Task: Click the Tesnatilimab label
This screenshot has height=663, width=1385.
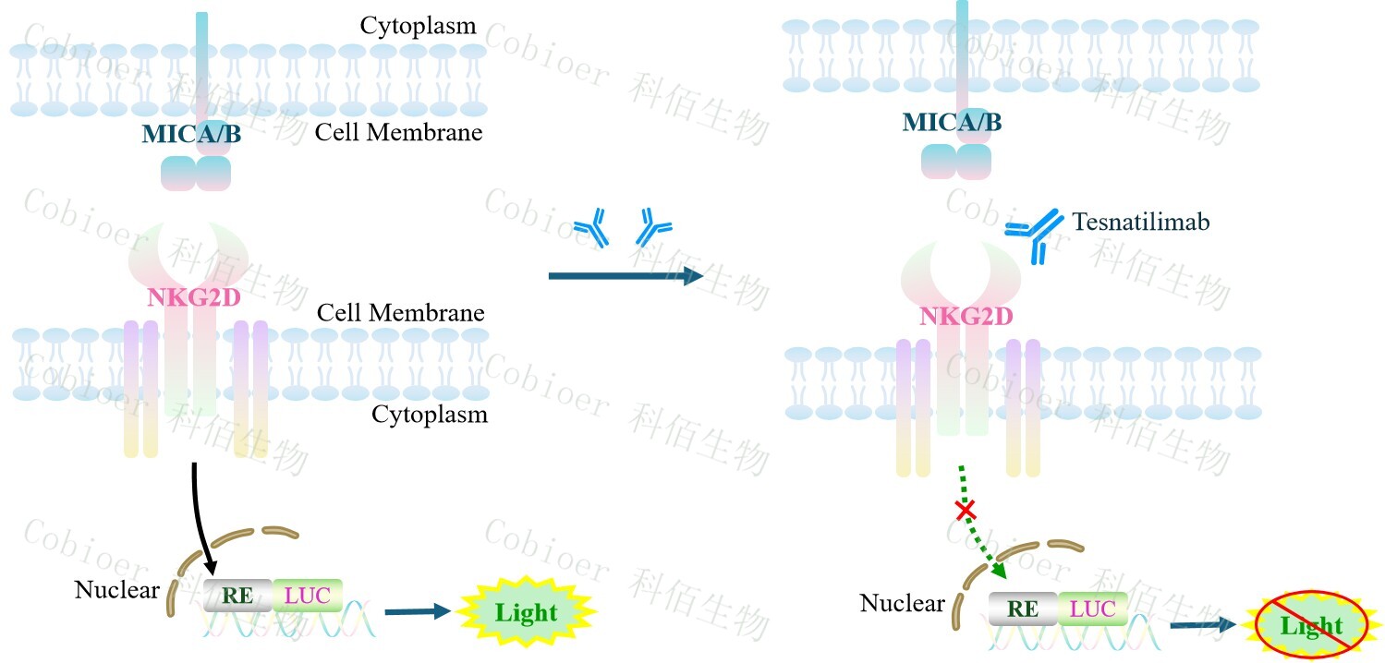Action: coord(1141,223)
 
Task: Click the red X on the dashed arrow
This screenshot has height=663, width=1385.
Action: coord(966,509)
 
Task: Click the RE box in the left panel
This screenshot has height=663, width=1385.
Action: coord(237,596)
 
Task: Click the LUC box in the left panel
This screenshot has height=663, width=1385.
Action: coord(308,596)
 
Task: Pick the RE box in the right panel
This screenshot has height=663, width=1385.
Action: coord(1023,609)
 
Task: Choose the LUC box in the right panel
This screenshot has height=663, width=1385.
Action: coord(1093,609)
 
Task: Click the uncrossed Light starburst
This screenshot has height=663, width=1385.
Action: coord(526,612)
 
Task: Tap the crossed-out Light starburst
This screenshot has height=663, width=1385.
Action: coord(1311,626)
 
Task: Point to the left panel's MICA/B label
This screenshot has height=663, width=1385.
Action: coord(191,135)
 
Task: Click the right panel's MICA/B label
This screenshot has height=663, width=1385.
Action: coord(952,122)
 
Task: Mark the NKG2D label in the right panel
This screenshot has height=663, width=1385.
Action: coord(966,317)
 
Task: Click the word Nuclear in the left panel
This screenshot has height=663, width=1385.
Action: coord(117,589)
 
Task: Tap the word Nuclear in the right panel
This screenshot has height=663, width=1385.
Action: coord(902,604)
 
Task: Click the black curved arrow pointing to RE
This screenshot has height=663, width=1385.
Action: coord(202,517)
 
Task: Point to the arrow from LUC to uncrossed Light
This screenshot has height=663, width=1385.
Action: coord(418,610)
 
